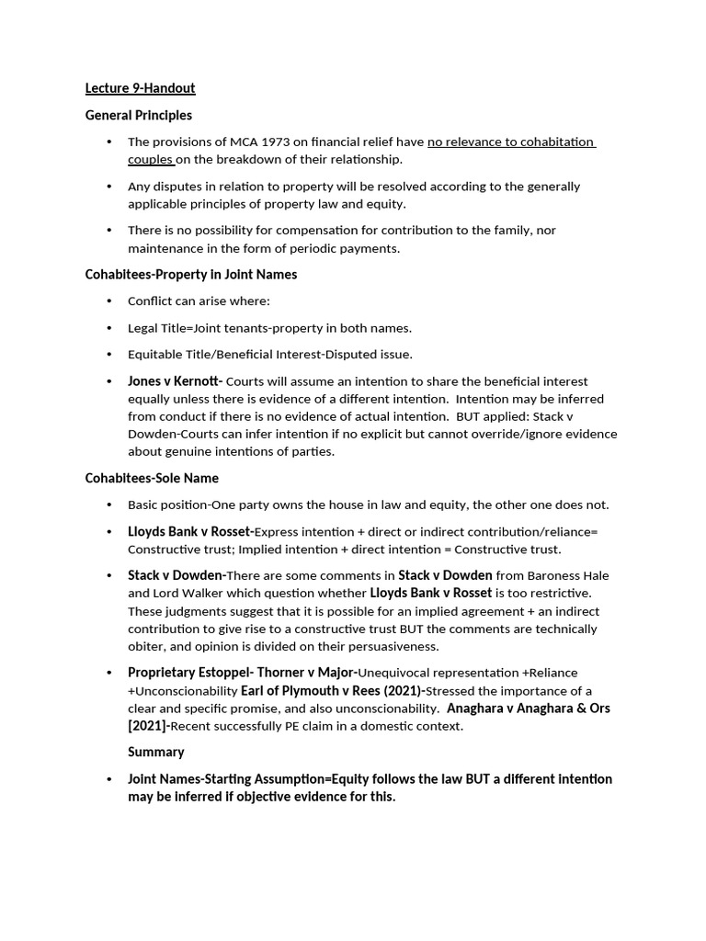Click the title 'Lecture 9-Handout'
140,88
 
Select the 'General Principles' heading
139,115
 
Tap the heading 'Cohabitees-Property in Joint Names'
191,274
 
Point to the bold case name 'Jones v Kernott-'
175,380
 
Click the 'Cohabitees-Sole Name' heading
152,478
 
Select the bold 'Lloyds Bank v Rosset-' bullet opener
190,531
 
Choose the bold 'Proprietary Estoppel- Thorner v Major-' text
242,673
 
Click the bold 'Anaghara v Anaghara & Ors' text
528,709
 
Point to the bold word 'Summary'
156,752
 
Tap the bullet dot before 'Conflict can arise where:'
108,300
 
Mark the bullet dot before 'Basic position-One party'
108,505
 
